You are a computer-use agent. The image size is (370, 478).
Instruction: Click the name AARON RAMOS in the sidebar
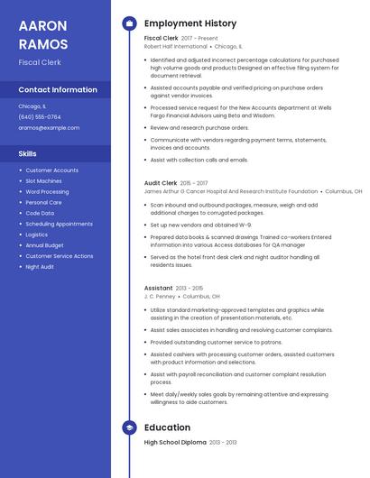(43, 33)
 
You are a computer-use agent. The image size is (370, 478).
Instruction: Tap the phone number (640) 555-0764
(40, 116)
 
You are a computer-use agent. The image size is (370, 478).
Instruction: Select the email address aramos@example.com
(49, 127)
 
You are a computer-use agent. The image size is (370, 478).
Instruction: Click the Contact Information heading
(58, 89)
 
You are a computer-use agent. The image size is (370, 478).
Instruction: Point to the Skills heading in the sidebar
(27, 153)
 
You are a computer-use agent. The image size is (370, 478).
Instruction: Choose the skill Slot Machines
(44, 180)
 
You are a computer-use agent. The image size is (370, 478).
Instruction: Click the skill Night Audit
(40, 267)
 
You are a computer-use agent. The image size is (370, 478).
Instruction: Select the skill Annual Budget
(44, 245)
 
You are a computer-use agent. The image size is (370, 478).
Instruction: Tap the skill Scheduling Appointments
(59, 224)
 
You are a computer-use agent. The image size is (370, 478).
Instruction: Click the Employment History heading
(190, 23)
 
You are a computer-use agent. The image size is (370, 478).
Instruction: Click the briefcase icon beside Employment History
(129, 23)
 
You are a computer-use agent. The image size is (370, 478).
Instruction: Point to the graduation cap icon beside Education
(129, 427)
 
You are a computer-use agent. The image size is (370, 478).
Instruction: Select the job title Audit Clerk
(161, 183)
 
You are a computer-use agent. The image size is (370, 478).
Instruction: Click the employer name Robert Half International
(176, 46)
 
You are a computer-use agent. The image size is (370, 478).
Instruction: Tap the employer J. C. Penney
(160, 296)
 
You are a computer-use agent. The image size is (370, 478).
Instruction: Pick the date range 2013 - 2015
(190, 288)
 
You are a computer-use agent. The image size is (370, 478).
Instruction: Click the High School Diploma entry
(175, 443)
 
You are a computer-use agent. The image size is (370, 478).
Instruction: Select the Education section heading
(167, 427)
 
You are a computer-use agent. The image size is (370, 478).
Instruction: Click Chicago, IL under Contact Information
(32, 106)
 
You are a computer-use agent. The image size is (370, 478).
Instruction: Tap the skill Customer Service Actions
(59, 256)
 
